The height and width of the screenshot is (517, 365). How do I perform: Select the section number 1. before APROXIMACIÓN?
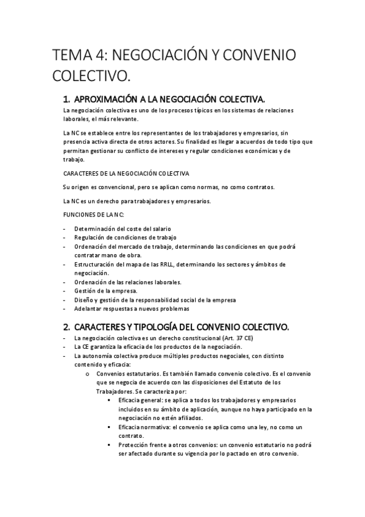click(x=68, y=99)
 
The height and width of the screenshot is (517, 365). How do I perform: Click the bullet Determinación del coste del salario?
click(x=122, y=229)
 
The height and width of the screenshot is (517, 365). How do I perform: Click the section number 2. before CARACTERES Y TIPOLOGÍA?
click(x=68, y=326)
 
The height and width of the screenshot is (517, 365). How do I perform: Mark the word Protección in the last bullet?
click(x=133, y=445)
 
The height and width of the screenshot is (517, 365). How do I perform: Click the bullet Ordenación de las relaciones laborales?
click(x=128, y=282)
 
